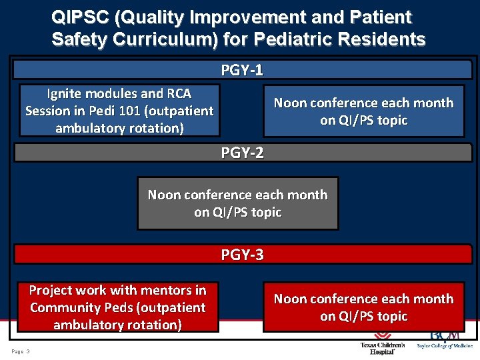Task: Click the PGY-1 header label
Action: tap(242, 70)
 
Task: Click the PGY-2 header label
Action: tap(242, 153)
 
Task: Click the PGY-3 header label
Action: tap(242, 254)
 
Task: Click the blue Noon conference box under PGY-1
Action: tap(363, 111)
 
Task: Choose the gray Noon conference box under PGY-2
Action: tap(237, 203)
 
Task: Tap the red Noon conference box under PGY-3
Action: tap(363, 307)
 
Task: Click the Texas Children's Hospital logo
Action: tap(382, 344)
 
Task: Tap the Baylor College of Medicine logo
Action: tap(444, 339)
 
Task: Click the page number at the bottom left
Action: tap(21, 351)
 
